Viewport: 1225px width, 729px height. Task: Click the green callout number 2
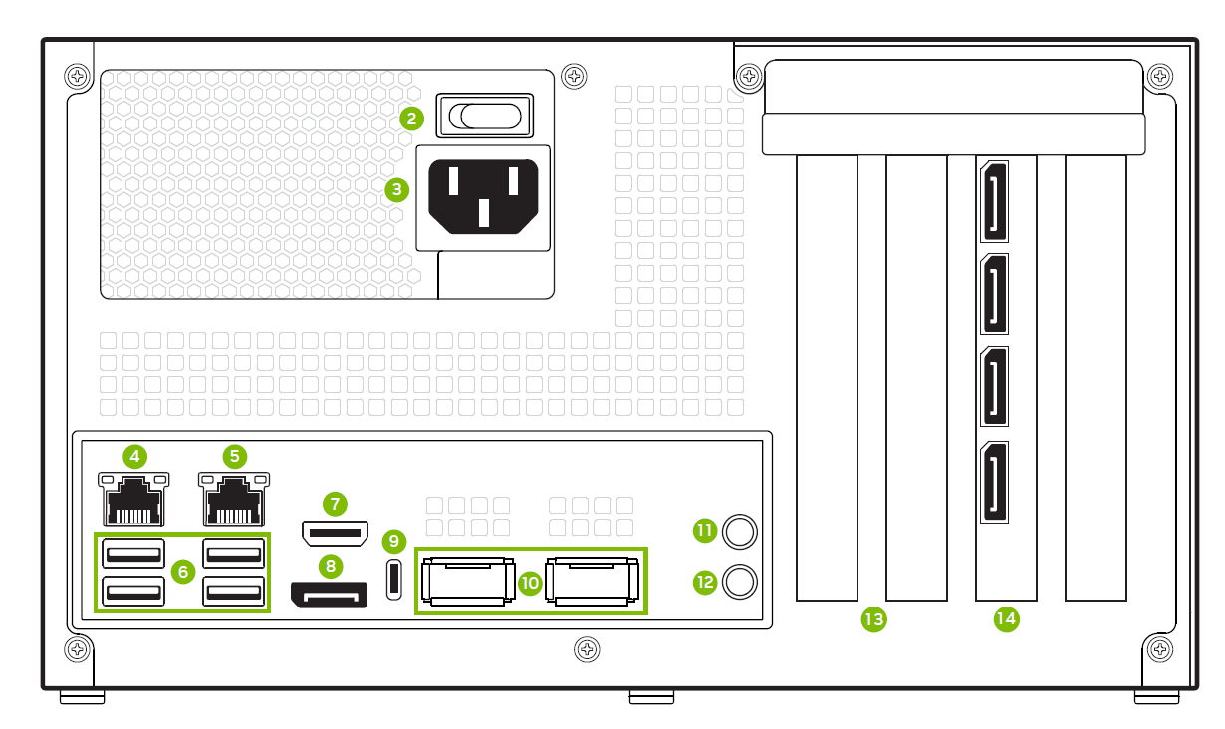click(412, 118)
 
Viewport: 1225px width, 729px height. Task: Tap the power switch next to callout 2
click(485, 117)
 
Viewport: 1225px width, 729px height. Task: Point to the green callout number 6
click(182, 571)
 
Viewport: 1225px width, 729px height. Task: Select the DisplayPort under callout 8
click(329, 596)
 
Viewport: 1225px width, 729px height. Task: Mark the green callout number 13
click(874, 619)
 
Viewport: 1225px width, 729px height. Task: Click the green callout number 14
click(1006, 619)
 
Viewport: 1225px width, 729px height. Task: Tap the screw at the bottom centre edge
click(588, 649)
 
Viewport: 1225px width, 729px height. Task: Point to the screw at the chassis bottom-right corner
click(1159, 649)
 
